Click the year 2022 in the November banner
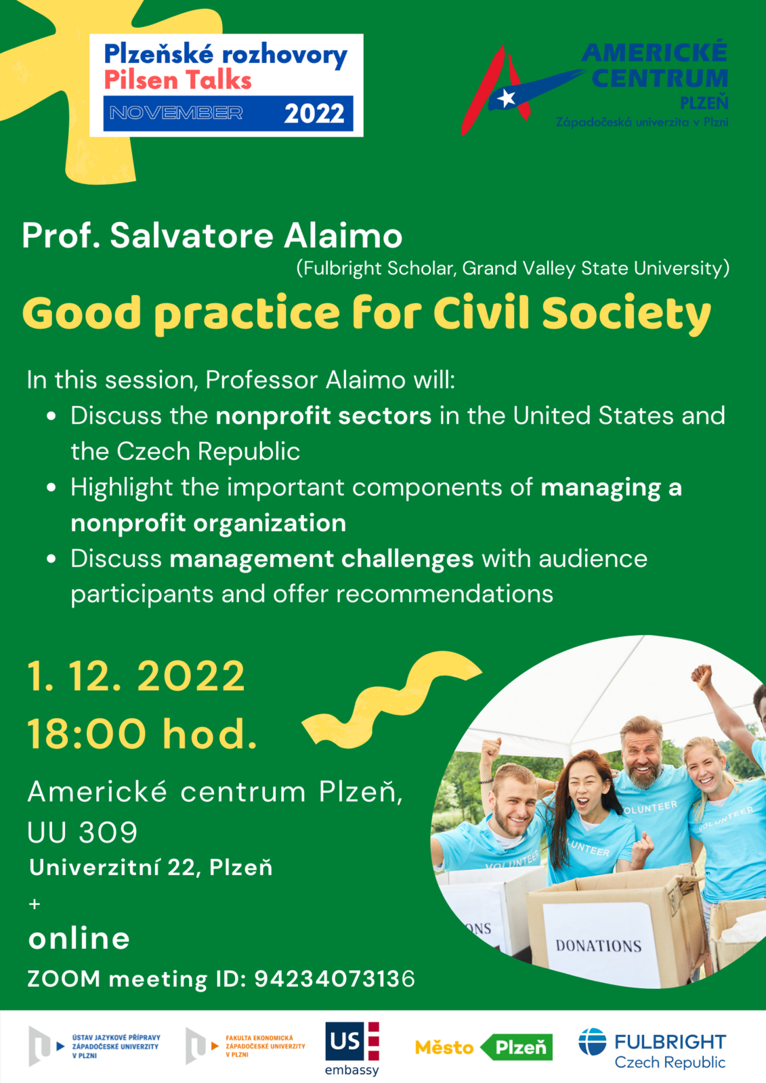(314, 114)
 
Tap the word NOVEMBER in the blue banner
(176, 113)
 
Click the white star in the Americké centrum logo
(506, 98)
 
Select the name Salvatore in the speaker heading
(192, 236)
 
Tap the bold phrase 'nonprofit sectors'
(323, 416)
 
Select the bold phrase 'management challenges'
(321, 559)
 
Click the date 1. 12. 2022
(136, 676)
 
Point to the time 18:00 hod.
(142, 734)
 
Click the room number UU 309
(82, 832)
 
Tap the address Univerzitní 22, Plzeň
(150, 868)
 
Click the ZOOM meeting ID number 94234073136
(335, 979)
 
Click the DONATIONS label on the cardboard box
(599, 946)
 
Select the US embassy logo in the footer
(352, 1048)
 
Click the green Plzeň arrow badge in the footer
(516, 1047)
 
